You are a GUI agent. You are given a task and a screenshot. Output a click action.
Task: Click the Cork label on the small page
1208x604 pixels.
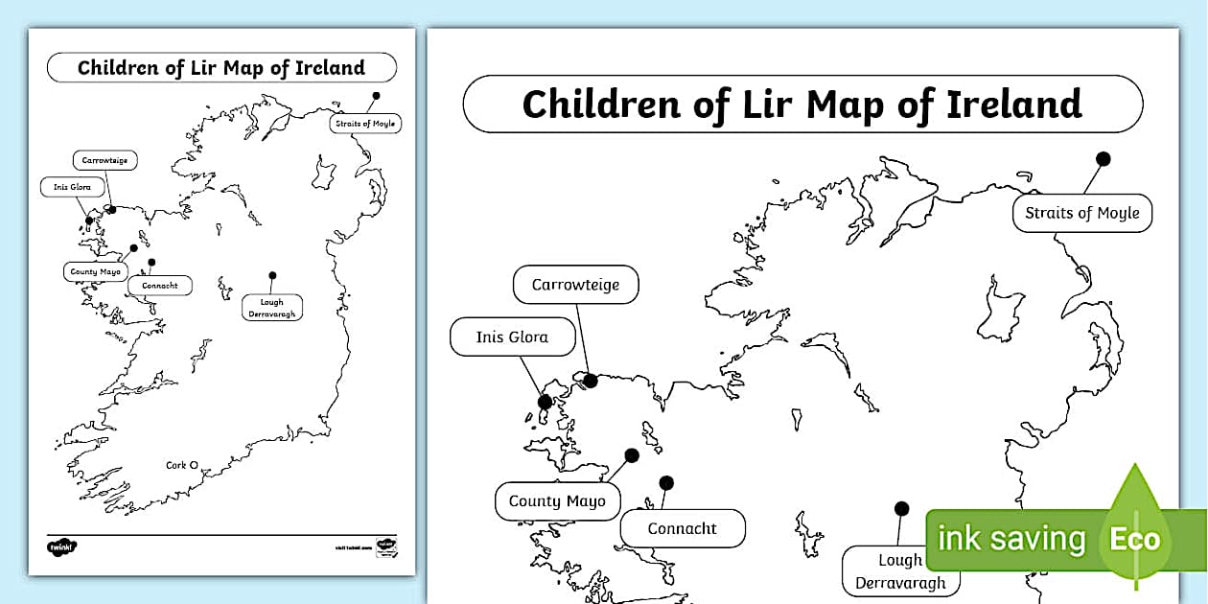175,465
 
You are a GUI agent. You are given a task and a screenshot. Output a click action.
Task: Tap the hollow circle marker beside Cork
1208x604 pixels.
194,465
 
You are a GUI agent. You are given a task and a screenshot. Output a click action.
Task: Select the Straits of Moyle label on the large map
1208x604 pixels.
1082,213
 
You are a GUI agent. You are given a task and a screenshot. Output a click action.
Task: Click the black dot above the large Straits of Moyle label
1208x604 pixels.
1103,158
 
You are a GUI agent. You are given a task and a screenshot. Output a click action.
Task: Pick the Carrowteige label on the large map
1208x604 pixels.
575,285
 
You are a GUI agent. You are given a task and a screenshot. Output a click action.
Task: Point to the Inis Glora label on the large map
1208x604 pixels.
512,337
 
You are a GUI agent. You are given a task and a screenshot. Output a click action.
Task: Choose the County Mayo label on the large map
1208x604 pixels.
557,500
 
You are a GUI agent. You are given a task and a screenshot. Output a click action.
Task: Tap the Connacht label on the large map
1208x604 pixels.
682,528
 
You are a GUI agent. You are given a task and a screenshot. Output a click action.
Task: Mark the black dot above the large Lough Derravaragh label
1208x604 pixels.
901,508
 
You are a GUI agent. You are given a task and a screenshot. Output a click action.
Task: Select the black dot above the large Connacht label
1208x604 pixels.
666,482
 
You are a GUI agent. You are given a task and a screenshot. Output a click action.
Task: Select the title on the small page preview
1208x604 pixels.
221,68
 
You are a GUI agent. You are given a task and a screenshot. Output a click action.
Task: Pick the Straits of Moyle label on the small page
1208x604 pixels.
365,124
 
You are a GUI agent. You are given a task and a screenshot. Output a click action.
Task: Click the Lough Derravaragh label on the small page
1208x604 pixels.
272,308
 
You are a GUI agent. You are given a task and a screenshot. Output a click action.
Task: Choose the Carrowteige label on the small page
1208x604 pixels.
105,160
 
